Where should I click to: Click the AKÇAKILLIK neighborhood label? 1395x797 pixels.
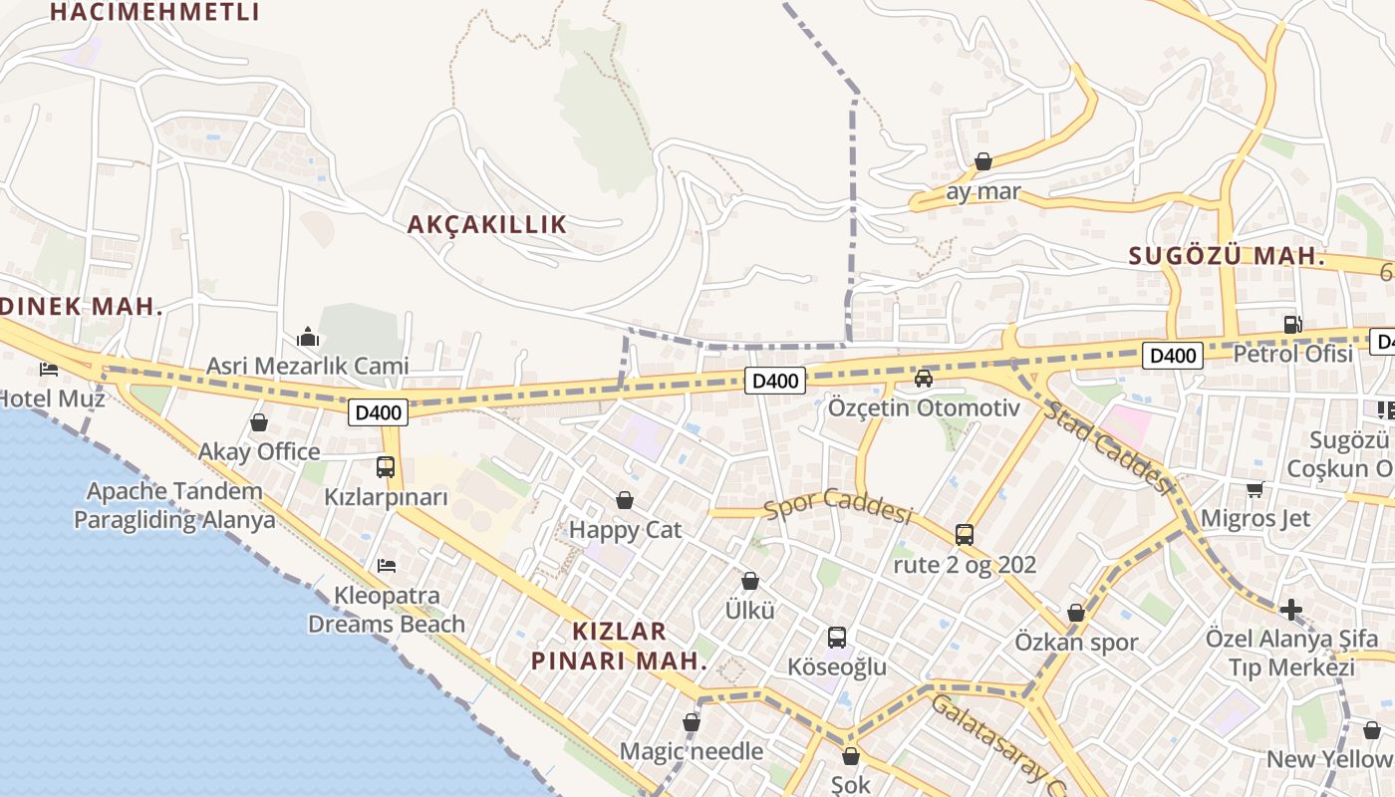[x=486, y=224]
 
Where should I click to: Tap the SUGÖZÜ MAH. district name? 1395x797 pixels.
[x=1227, y=256]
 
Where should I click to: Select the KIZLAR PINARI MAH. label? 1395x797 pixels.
[x=619, y=646]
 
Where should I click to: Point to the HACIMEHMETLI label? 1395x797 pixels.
[x=154, y=12]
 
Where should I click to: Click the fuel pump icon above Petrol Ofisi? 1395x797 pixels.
[x=1292, y=324]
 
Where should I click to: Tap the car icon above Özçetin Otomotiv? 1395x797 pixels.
[x=924, y=378]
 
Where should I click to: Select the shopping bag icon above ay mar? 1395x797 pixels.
[x=983, y=161]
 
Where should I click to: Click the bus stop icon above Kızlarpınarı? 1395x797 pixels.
[x=386, y=466]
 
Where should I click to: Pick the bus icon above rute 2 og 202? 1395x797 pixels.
[x=965, y=534]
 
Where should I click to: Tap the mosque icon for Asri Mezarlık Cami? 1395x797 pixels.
[x=308, y=337]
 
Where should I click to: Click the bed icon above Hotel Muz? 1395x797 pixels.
[x=49, y=370]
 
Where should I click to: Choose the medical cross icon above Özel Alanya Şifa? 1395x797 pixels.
[x=1291, y=608]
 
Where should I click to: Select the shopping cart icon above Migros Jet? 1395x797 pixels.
[x=1255, y=488]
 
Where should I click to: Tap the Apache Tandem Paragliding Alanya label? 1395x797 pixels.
[x=174, y=505]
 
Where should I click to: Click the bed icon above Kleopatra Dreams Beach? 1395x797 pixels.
[x=387, y=566]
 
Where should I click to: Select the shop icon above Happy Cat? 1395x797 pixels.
[x=625, y=499]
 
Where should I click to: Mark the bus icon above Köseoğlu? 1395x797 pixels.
[x=837, y=637]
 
